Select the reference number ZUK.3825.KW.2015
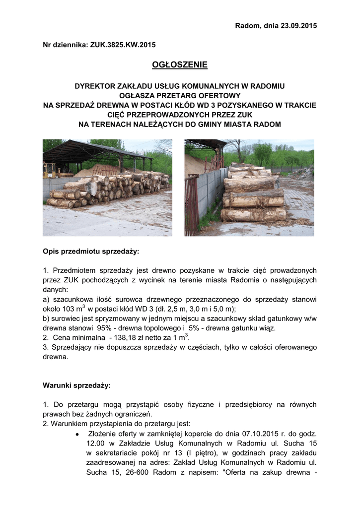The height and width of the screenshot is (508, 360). click(123, 45)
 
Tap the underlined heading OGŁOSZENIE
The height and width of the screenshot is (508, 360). click(179, 64)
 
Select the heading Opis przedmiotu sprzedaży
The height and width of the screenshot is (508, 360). click(91, 252)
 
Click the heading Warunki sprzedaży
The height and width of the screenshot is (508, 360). click(77, 385)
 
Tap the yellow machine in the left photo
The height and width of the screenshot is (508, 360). click(49, 171)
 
